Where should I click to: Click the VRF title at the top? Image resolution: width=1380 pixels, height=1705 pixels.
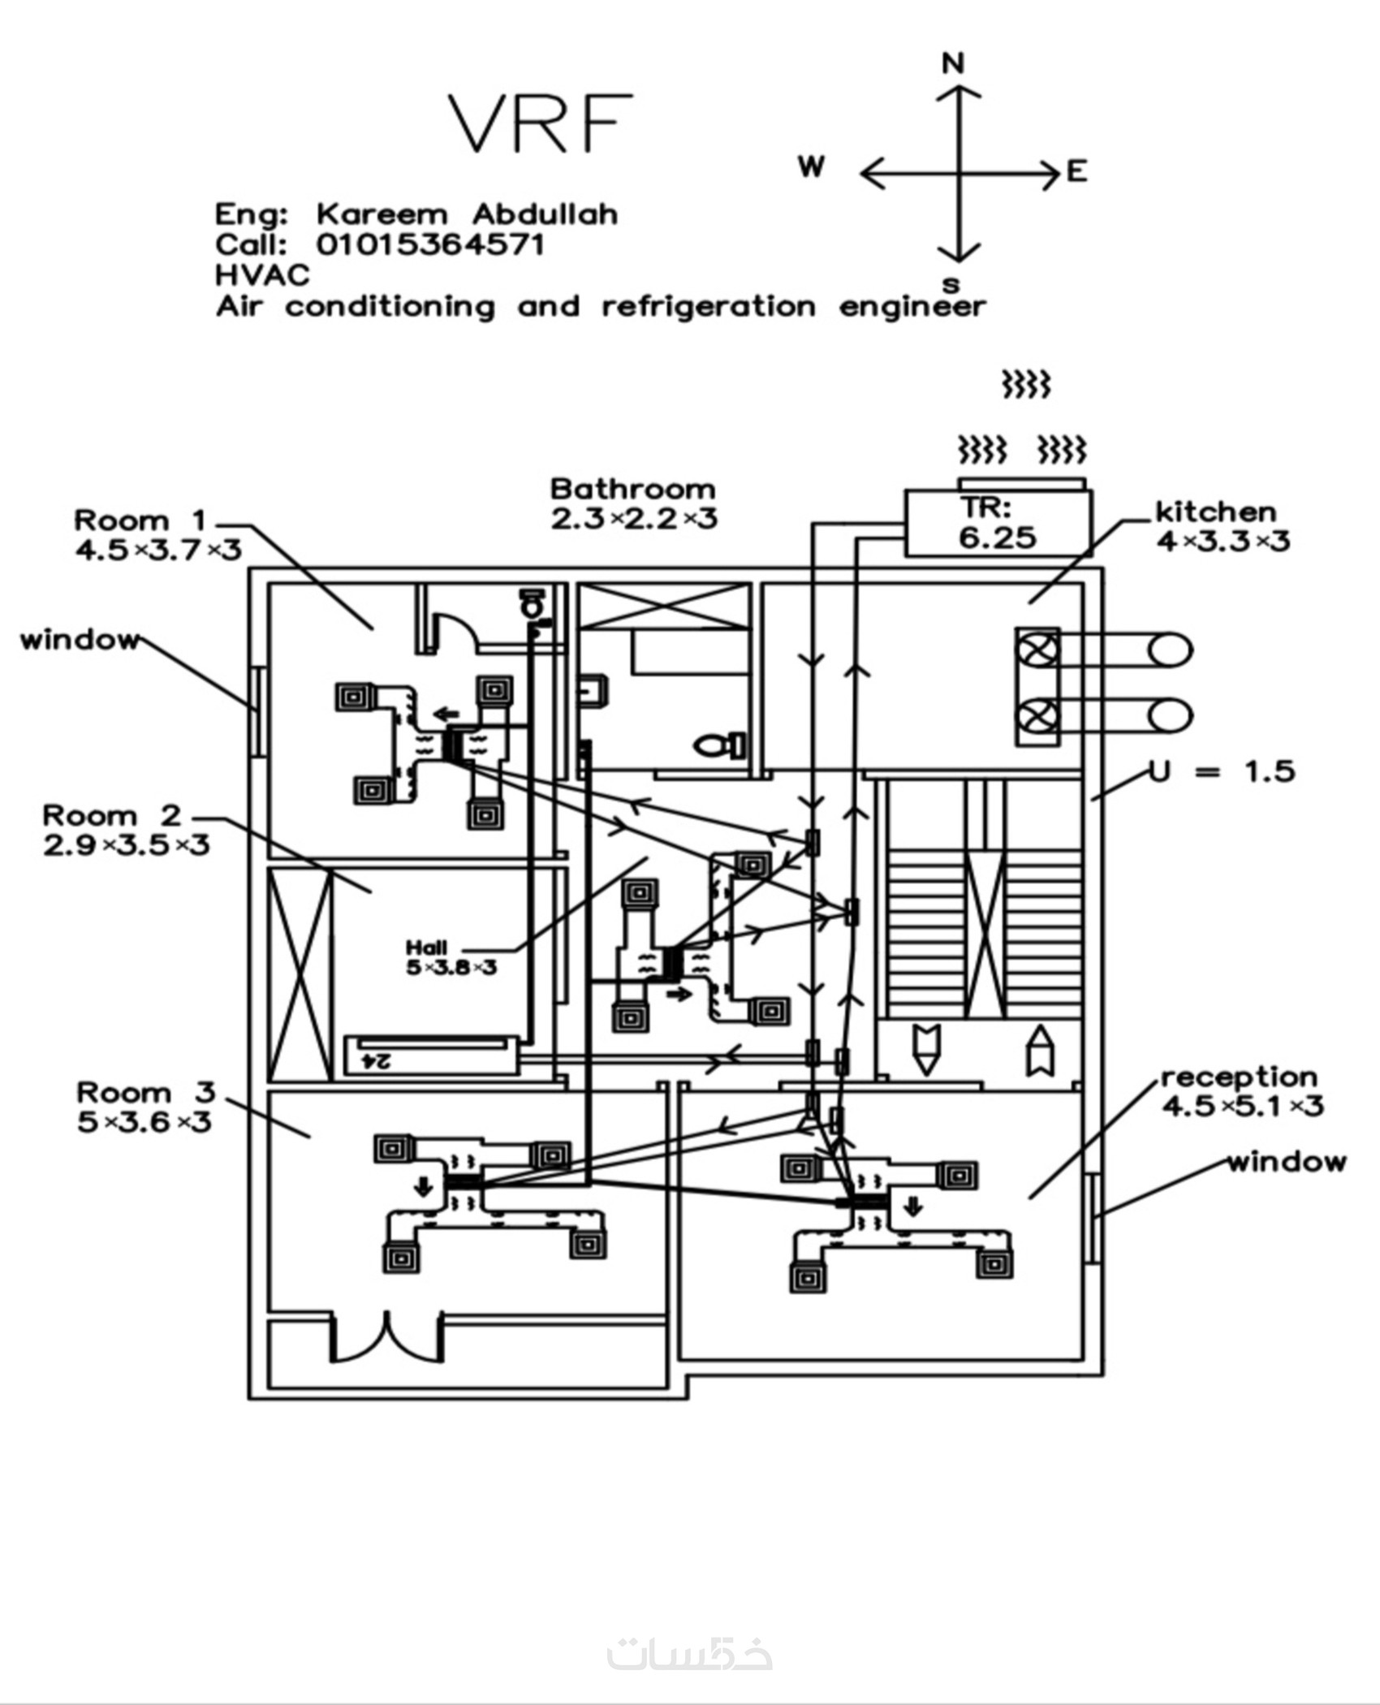click(x=541, y=124)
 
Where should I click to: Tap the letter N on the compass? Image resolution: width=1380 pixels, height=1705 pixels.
click(x=953, y=63)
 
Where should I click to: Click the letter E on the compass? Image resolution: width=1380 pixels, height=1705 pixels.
click(x=1076, y=171)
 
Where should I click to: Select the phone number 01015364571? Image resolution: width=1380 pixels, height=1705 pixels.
click(x=430, y=244)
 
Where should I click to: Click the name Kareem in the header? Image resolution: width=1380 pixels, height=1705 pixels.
click(x=382, y=214)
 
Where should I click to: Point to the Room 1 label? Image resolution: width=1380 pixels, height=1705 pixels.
click(x=140, y=520)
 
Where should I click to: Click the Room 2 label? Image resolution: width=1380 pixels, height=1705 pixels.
click(x=112, y=815)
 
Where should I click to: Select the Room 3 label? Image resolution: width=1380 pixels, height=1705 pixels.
click(x=146, y=1093)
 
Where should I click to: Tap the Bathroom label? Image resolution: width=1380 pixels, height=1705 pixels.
click(x=633, y=489)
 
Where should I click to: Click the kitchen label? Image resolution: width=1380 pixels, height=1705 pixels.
click(x=1216, y=511)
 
